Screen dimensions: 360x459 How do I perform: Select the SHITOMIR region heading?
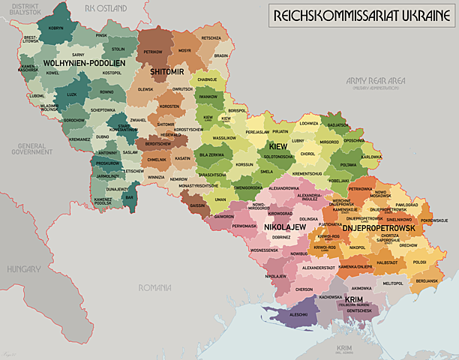[x=166, y=71]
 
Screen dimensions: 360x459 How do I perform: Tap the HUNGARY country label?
[x=25, y=268]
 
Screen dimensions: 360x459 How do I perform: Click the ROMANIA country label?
[x=155, y=286]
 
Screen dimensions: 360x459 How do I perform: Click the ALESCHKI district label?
[x=298, y=315]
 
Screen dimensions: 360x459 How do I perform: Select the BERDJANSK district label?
[x=427, y=280]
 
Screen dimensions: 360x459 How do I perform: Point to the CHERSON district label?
[x=304, y=289]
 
